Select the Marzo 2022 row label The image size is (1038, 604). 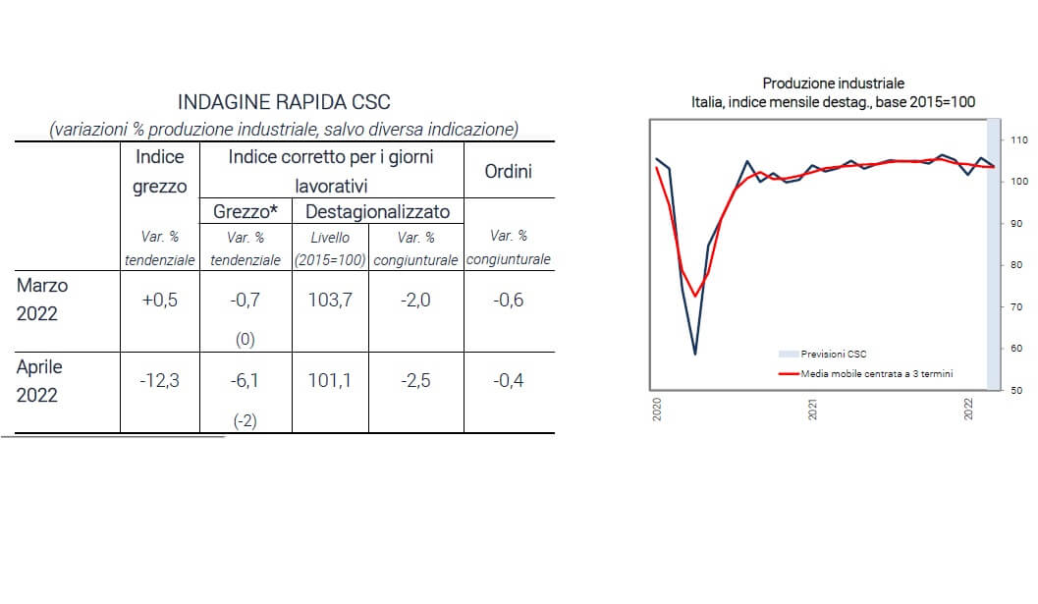[41, 299]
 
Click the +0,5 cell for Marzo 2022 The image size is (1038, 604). [159, 301]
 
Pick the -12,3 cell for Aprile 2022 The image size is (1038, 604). [159, 380]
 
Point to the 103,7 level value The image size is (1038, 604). [330, 301]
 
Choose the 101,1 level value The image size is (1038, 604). [330, 380]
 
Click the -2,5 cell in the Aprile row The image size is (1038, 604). [415, 380]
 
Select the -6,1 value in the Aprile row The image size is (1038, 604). [245, 380]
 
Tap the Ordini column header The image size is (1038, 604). [508, 172]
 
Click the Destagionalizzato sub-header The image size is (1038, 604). [378, 212]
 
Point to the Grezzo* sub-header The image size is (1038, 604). [245, 212]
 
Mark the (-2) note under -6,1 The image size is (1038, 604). [246, 420]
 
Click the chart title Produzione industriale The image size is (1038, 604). [833, 83]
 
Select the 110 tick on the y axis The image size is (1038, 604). [1018, 140]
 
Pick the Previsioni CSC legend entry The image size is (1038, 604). [834, 354]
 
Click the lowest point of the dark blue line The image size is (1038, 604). [695, 354]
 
